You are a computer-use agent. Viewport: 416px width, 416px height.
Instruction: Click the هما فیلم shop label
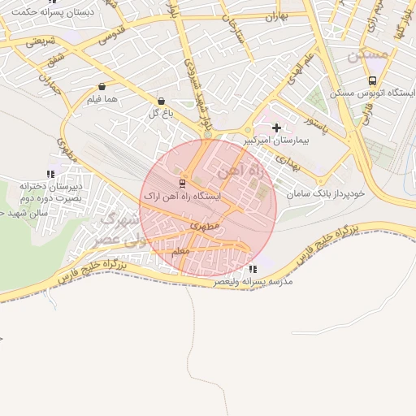point(102,98)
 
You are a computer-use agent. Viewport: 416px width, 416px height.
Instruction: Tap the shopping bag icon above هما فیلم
point(102,86)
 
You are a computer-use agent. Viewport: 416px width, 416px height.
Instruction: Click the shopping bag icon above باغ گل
point(160,101)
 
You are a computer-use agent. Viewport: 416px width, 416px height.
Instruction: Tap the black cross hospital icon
point(277,128)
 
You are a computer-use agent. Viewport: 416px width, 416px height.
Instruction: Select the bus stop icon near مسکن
point(372,80)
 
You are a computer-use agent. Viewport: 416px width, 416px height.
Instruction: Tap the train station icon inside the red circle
point(181,183)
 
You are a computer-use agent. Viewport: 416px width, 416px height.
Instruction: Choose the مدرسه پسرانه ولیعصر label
point(253,281)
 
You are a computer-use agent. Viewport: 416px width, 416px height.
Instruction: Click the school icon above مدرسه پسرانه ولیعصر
point(253,269)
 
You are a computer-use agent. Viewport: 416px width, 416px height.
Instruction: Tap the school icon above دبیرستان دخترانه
point(50,174)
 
